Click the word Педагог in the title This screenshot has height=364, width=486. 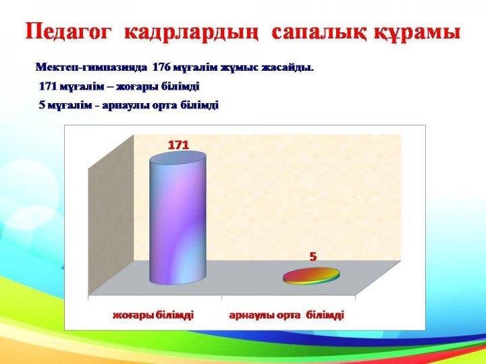(68, 32)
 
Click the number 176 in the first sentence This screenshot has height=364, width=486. (161, 67)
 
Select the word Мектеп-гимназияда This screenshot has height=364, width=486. (91, 67)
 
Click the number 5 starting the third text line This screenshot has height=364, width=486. (42, 105)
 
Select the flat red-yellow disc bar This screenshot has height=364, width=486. (311, 276)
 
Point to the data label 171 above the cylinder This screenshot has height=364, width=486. (178, 145)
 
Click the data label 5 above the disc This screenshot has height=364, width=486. (313, 257)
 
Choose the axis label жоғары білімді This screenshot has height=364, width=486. (153, 315)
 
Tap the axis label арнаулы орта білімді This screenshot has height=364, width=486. (287, 315)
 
